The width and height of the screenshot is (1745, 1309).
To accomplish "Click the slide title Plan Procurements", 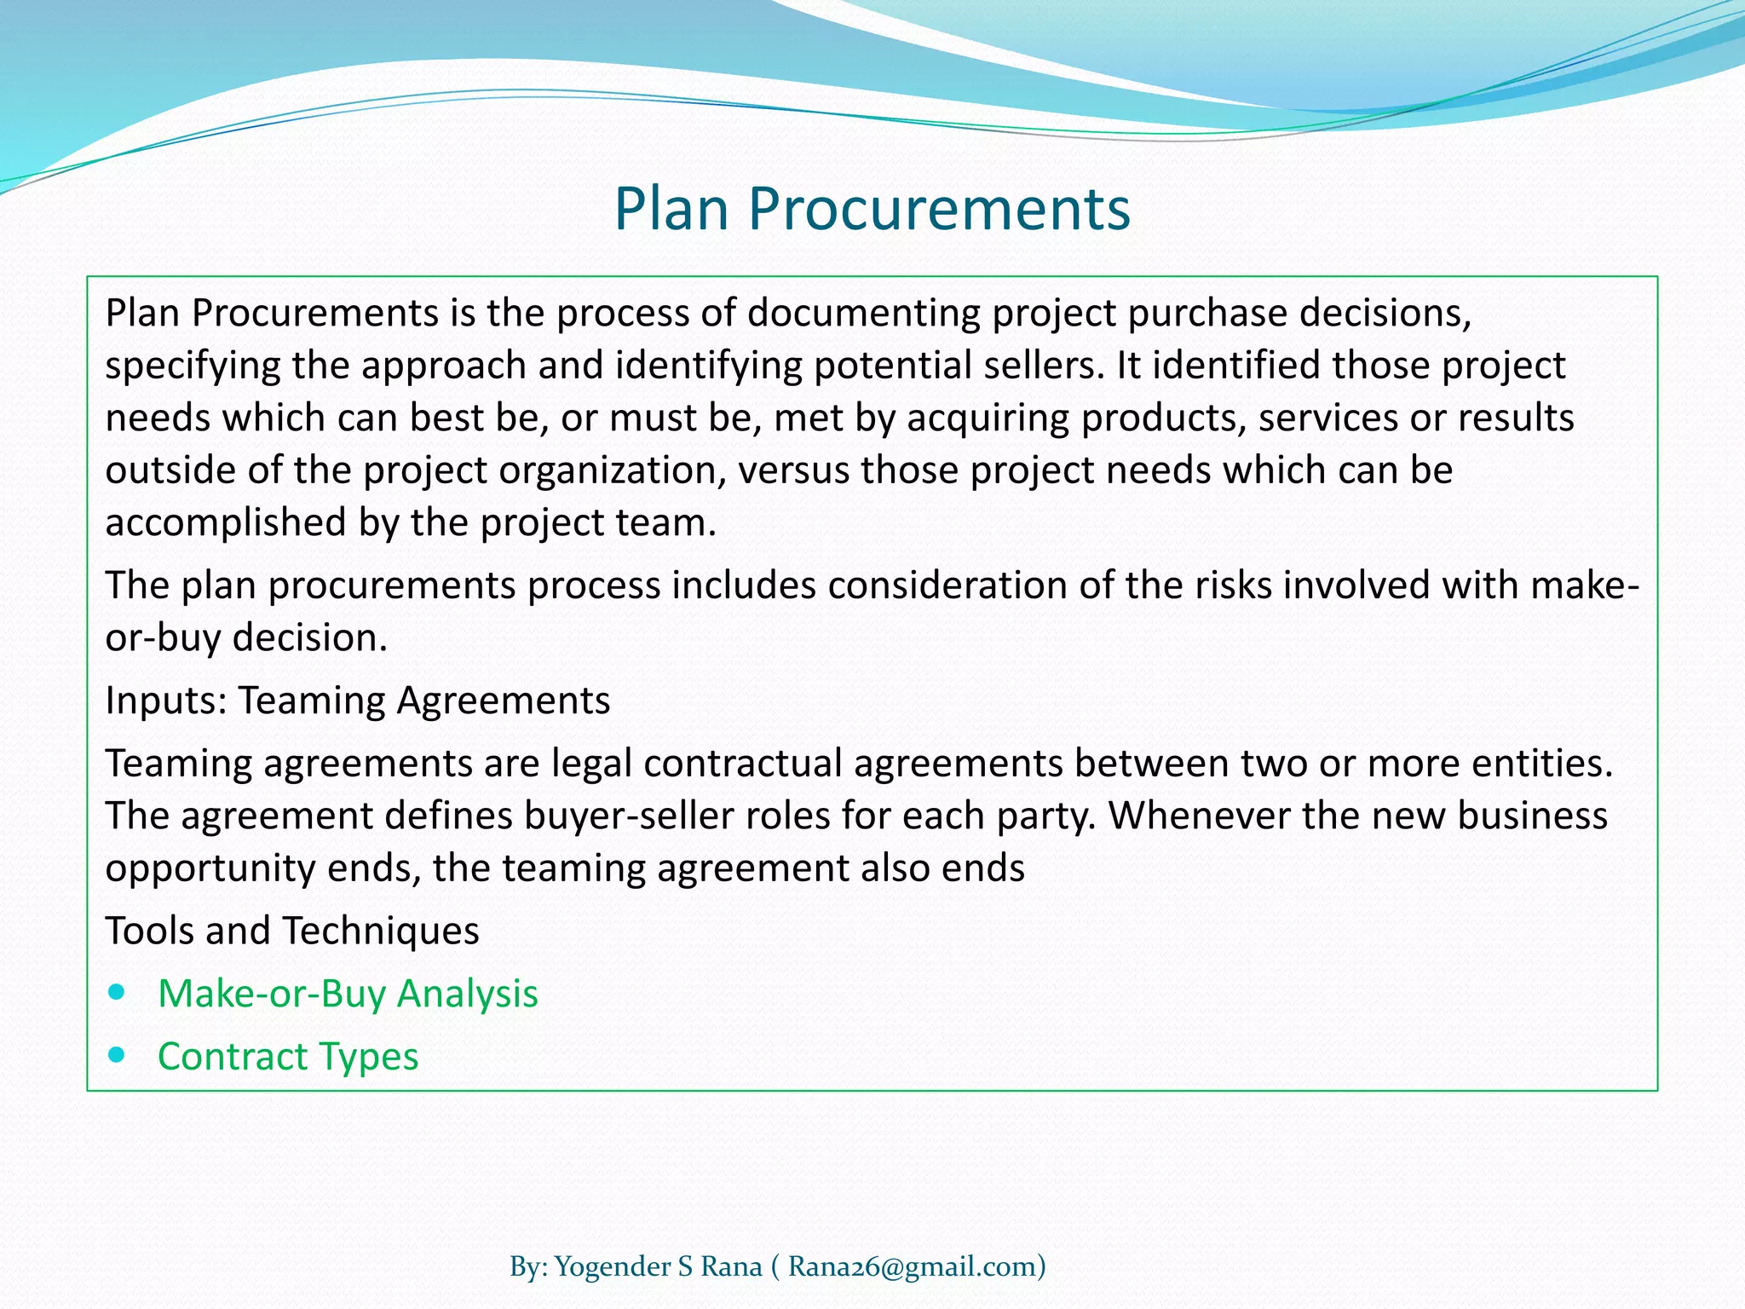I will tap(872, 209).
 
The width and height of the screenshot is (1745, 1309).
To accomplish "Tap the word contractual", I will tap(743, 763).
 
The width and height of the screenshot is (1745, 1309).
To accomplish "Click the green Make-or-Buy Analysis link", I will tap(348, 994).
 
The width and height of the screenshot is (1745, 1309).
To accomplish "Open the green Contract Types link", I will tap(288, 1057).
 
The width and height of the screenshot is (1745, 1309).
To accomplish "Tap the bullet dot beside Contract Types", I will tap(118, 1056).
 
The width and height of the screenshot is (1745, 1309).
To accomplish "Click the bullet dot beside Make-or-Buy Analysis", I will tap(118, 993).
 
